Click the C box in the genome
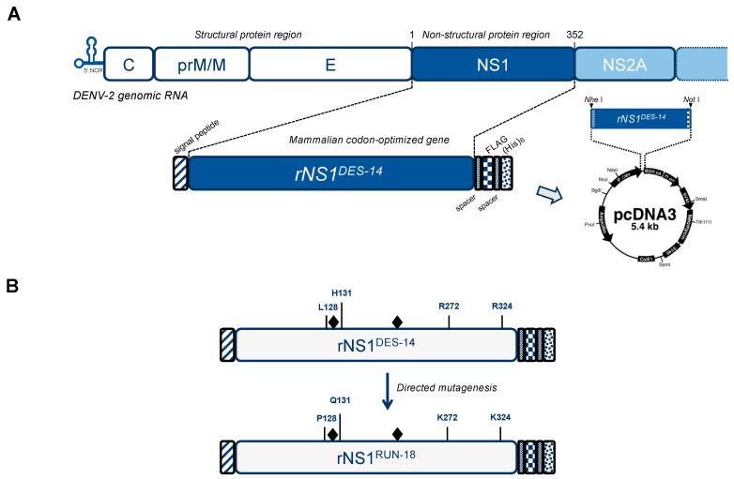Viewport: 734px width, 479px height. [126, 64]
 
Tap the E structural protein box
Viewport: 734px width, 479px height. [329, 64]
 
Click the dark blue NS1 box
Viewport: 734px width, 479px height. [492, 64]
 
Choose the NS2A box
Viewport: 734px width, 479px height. [622, 64]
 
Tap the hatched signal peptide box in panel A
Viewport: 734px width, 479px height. [179, 173]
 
